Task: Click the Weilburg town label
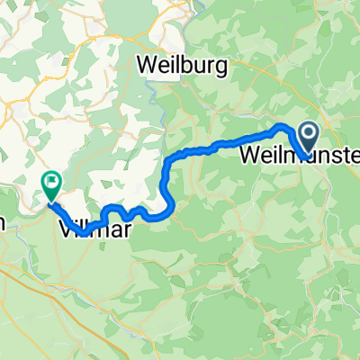(x=184, y=65)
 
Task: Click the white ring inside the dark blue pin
(x=307, y=136)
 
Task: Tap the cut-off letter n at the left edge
(x=3, y=222)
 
